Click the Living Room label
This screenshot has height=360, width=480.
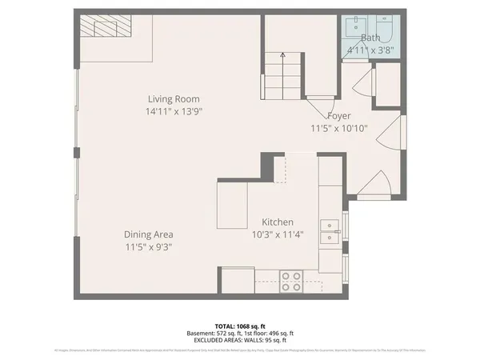click(x=172, y=98)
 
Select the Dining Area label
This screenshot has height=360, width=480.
click(x=149, y=234)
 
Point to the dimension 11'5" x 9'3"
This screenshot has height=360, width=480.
click(x=149, y=247)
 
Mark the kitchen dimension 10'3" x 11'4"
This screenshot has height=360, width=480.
click(x=278, y=234)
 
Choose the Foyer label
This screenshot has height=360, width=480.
click(x=338, y=115)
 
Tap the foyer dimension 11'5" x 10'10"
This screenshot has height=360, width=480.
click(x=338, y=128)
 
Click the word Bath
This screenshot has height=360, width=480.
click(x=370, y=38)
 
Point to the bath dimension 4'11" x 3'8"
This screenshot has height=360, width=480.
click(x=370, y=50)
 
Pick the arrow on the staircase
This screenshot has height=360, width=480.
click(x=282, y=56)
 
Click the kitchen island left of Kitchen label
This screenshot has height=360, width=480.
click(x=232, y=206)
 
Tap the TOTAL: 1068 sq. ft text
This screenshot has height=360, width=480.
click(x=239, y=326)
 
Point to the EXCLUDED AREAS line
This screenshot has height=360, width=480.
click(x=239, y=340)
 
